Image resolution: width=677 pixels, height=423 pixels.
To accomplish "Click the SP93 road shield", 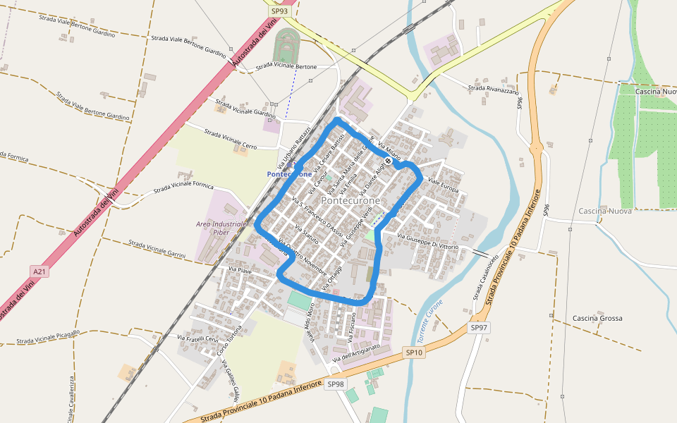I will pos(279,11).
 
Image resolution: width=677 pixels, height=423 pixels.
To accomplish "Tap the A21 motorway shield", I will pos(39,271).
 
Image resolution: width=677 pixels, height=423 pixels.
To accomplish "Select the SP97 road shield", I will pos(479,328).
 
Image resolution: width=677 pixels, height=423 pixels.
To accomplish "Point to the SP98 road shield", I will pos(335,384).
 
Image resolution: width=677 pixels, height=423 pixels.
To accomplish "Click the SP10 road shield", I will pos(415,352).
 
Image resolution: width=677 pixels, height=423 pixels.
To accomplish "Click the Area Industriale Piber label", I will pos(221,228).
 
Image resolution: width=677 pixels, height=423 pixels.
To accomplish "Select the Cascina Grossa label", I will pos(597,318).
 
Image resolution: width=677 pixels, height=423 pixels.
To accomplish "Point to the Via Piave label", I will pos(240,270).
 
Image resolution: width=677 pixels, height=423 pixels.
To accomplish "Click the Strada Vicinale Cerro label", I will pos(231,138).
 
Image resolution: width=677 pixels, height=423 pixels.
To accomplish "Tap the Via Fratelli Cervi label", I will pos(198,339).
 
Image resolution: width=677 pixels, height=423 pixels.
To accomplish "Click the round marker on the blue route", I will pos(388,161).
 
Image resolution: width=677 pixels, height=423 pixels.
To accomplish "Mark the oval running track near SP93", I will pos(286,45).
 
